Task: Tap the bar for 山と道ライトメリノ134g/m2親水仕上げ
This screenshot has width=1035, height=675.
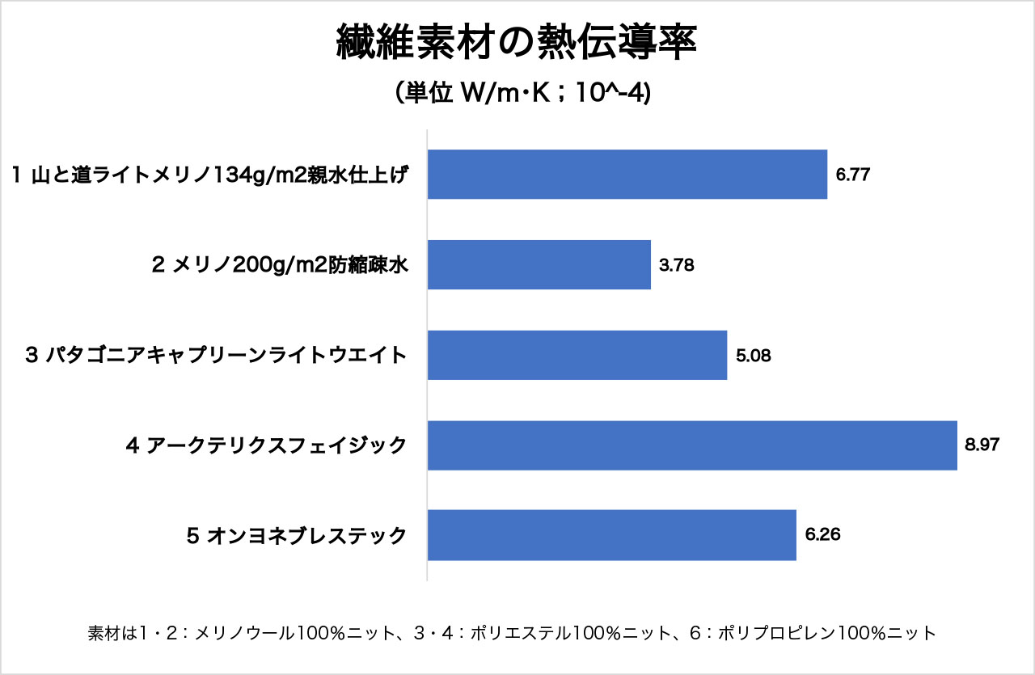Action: click(x=627, y=175)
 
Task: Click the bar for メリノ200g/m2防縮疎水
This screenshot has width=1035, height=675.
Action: click(x=539, y=264)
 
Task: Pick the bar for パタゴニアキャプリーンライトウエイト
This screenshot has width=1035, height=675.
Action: click(x=577, y=355)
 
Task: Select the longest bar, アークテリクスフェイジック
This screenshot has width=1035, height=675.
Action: click(x=691, y=445)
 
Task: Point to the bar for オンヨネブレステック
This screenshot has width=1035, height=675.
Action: click(x=611, y=535)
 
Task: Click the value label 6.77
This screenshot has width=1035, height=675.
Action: click(x=852, y=175)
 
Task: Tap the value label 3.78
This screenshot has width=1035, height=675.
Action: click(x=676, y=264)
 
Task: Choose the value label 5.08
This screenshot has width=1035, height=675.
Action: click(x=753, y=355)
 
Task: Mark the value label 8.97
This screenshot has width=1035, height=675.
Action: click(x=982, y=445)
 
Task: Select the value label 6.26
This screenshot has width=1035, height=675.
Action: click(x=822, y=535)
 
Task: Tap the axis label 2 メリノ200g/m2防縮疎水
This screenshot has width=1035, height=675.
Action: click(x=279, y=264)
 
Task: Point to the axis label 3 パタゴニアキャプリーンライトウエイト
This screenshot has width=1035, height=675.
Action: click(x=216, y=355)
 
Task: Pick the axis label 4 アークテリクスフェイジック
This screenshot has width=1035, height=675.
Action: click(x=266, y=445)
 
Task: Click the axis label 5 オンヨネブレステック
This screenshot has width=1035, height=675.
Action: click(x=296, y=535)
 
